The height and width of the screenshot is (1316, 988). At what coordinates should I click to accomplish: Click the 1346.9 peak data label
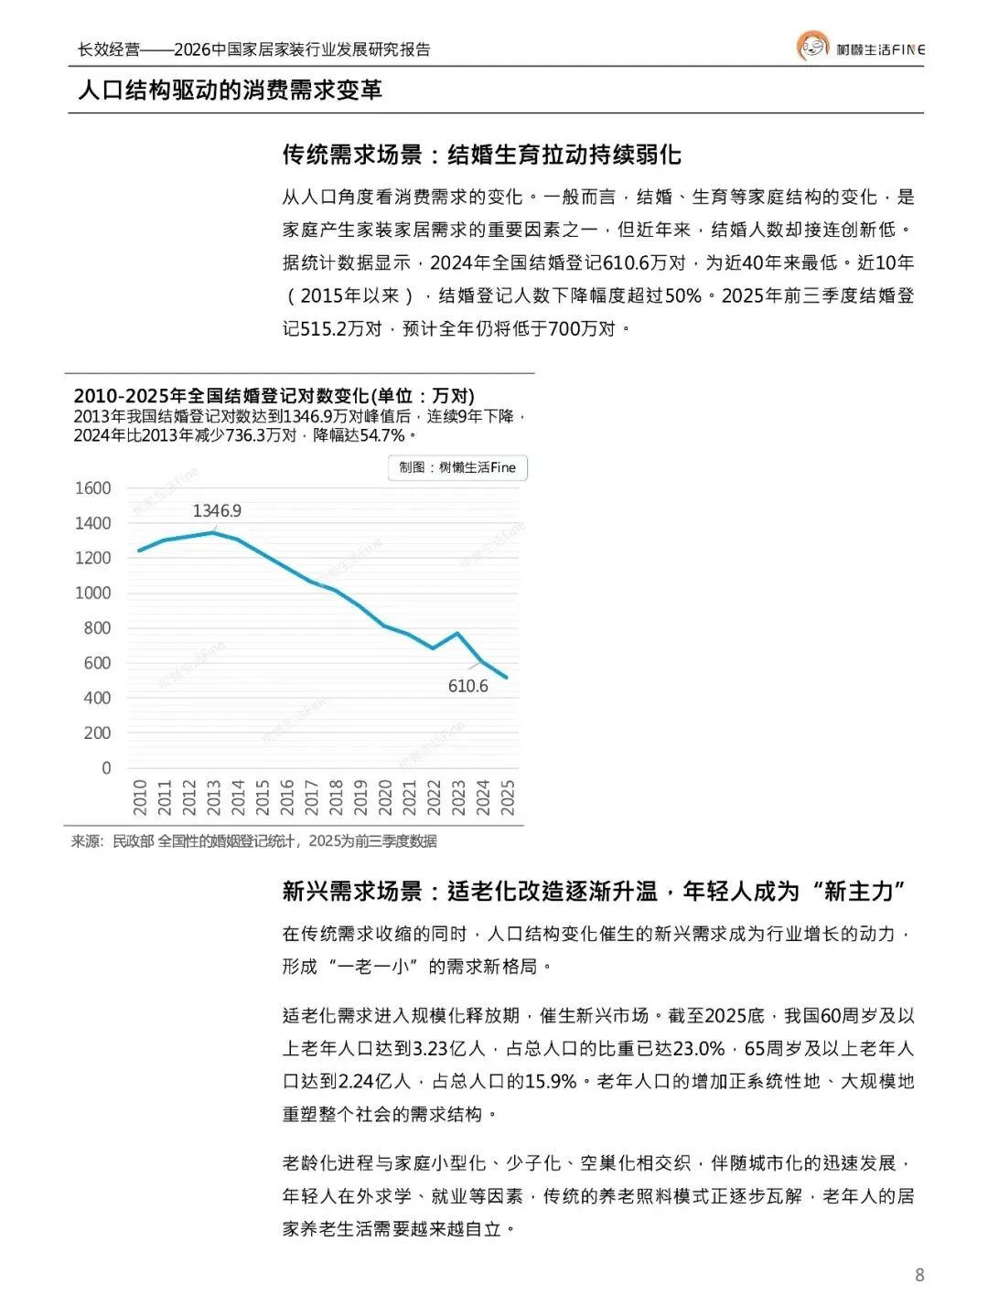click(217, 510)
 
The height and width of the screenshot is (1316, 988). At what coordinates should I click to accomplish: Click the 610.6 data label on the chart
click(467, 686)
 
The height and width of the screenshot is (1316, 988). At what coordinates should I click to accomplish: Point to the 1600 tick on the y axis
click(93, 488)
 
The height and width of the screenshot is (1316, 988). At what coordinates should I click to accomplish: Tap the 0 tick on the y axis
click(106, 768)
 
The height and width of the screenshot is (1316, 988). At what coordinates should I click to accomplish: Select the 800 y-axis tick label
click(97, 628)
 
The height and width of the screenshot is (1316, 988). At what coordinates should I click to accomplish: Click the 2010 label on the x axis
click(140, 797)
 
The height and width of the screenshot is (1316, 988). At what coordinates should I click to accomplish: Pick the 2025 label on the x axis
click(508, 797)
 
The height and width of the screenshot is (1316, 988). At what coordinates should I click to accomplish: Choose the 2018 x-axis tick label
click(336, 797)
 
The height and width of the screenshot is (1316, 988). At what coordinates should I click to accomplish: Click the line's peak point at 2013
click(213, 532)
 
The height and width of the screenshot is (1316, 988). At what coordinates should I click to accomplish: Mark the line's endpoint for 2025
click(507, 678)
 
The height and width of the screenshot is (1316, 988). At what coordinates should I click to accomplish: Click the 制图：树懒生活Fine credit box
click(457, 467)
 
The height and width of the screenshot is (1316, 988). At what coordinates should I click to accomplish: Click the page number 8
click(919, 1275)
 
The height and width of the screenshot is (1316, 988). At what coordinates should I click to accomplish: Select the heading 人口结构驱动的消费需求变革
click(230, 90)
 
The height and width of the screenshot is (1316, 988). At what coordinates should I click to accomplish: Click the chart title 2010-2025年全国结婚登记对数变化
click(274, 396)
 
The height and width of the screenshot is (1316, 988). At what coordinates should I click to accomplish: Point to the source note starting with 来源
click(253, 840)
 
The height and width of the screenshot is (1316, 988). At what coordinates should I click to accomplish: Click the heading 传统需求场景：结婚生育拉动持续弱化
click(481, 155)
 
